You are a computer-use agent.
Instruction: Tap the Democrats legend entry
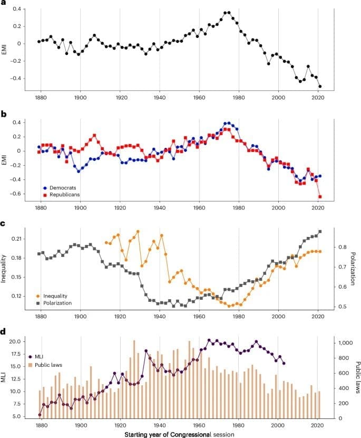tap(61, 188)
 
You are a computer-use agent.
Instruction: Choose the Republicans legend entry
tap(64, 195)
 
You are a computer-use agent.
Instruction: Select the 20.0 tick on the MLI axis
tap(17, 341)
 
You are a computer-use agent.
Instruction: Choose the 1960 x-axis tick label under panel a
tap(199, 98)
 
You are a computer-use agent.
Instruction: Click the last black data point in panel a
tap(320, 87)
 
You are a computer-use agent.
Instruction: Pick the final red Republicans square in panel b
tap(320, 197)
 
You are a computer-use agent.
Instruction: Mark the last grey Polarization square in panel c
tap(320, 231)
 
